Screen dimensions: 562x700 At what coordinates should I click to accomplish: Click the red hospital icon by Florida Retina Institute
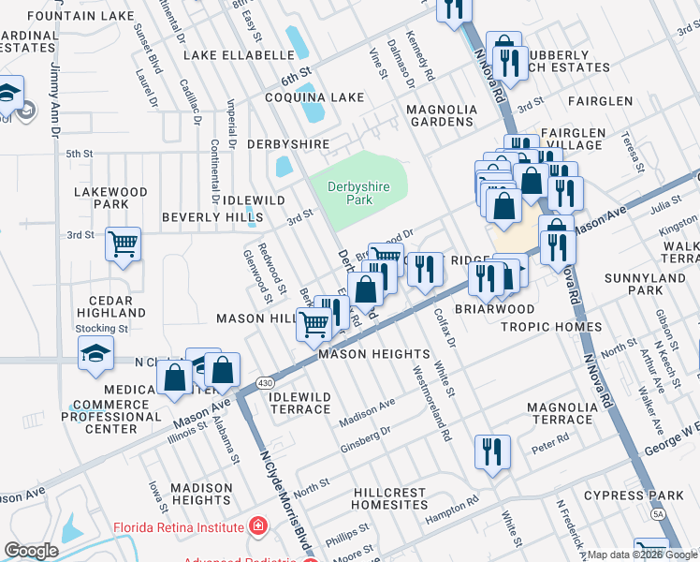point(257,527)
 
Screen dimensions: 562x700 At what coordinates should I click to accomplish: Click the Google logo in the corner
point(31,551)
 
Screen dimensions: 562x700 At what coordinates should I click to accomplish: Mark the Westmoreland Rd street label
point(431,402)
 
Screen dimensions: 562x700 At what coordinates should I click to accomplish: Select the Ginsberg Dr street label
point(364,436)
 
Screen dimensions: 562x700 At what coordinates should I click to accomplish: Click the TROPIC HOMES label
point(551,326)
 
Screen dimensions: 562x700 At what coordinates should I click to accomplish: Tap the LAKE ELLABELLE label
point(239,55)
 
